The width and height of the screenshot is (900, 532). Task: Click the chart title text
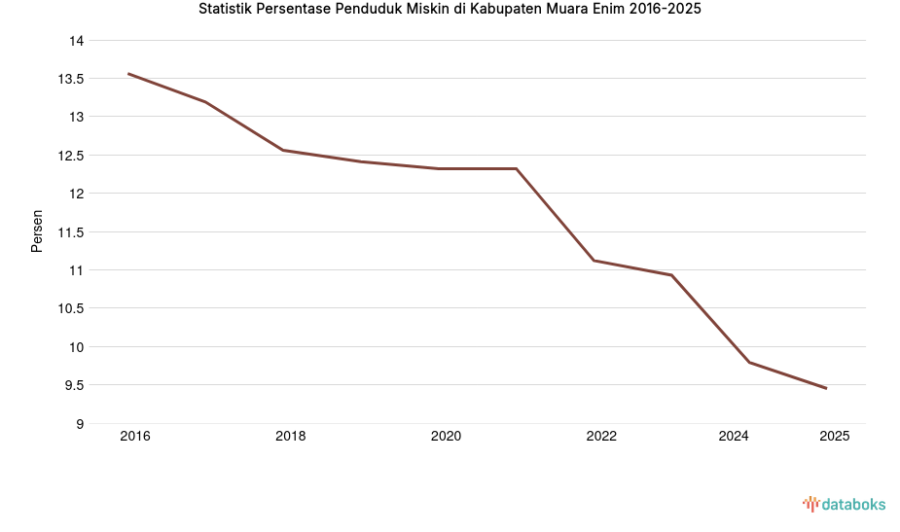pyautogui.click(x=450, y=11)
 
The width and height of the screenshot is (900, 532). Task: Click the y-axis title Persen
pyautogui.click(x=37, y=231)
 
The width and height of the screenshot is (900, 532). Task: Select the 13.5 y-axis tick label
pyautogui.click(x=71, y=79)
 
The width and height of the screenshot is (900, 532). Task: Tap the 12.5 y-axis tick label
pyautogui.click(x=71, y=156)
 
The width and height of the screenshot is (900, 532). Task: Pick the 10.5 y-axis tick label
pyautogui.click(x=71, y=308)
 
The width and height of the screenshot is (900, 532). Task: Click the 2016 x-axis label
pyautogui.click(x=135, y=437)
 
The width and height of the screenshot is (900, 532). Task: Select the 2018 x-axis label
pyautogui.click(x=290, y=437)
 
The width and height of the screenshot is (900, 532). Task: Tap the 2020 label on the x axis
pyautogui.click(x=446, y=437)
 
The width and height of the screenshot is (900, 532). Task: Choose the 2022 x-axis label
pyautogui.click(x=601, y=437)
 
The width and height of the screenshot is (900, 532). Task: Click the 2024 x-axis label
pyautogui.click(x=734, y=437)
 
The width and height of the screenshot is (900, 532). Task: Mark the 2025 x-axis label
pyautogui.click(x=834, y=437)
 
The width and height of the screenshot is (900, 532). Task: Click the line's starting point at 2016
pyautogui.click(x=128, y=74)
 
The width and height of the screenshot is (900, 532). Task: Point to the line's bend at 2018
pyautogui.click(x=283, y=150)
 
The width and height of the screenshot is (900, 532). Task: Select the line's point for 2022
pyautogui.click(x=594, y=261)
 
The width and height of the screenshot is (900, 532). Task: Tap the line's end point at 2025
pyautogui.click(x=826, y=388)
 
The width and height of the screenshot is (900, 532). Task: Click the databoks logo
pyautogui.click(x=844, y=504)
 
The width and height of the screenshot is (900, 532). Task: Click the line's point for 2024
pyautogui.click(x=749, y=362)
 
